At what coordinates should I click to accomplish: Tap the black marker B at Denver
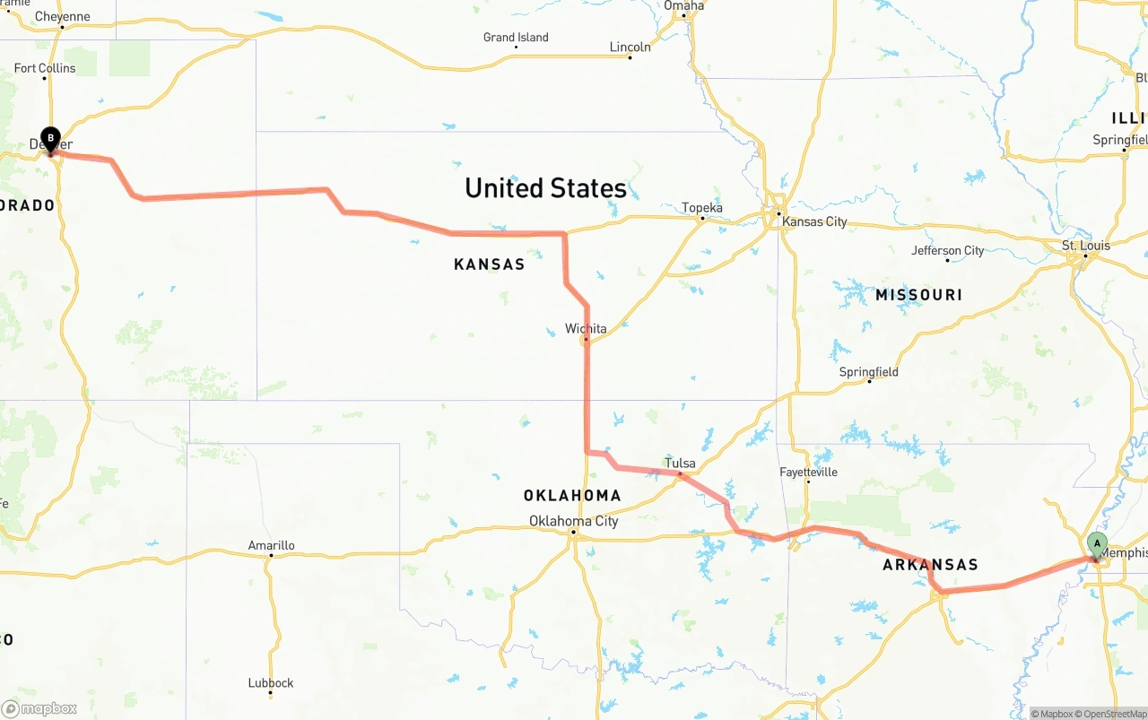pos(50,139)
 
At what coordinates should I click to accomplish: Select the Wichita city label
pos(586,329)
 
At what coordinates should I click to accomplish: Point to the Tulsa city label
pos(680,464)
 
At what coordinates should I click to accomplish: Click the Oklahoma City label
pos(573,521)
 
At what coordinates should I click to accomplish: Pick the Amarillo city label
pos(271,545)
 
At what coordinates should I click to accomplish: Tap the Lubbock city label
pos(271,683)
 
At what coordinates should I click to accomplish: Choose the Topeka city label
pos(701,208)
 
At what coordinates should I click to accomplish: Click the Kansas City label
pos(813,221)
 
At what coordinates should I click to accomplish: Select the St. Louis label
pos(1085,246)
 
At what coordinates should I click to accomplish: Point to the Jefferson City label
pos(947,251)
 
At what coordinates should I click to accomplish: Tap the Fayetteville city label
pos(808,472)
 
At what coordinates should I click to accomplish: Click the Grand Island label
pos(516,38)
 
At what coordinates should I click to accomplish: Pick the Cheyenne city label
pos(62,17)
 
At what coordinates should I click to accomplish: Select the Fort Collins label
pos(45,68)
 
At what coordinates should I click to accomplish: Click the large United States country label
pos(545,188)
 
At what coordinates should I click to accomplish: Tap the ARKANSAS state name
pos(930,565)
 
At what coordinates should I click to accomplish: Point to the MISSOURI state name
pos(918,295)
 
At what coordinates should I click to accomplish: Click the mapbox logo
pos(39,708)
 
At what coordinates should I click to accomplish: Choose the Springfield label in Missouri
pos(868,372)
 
